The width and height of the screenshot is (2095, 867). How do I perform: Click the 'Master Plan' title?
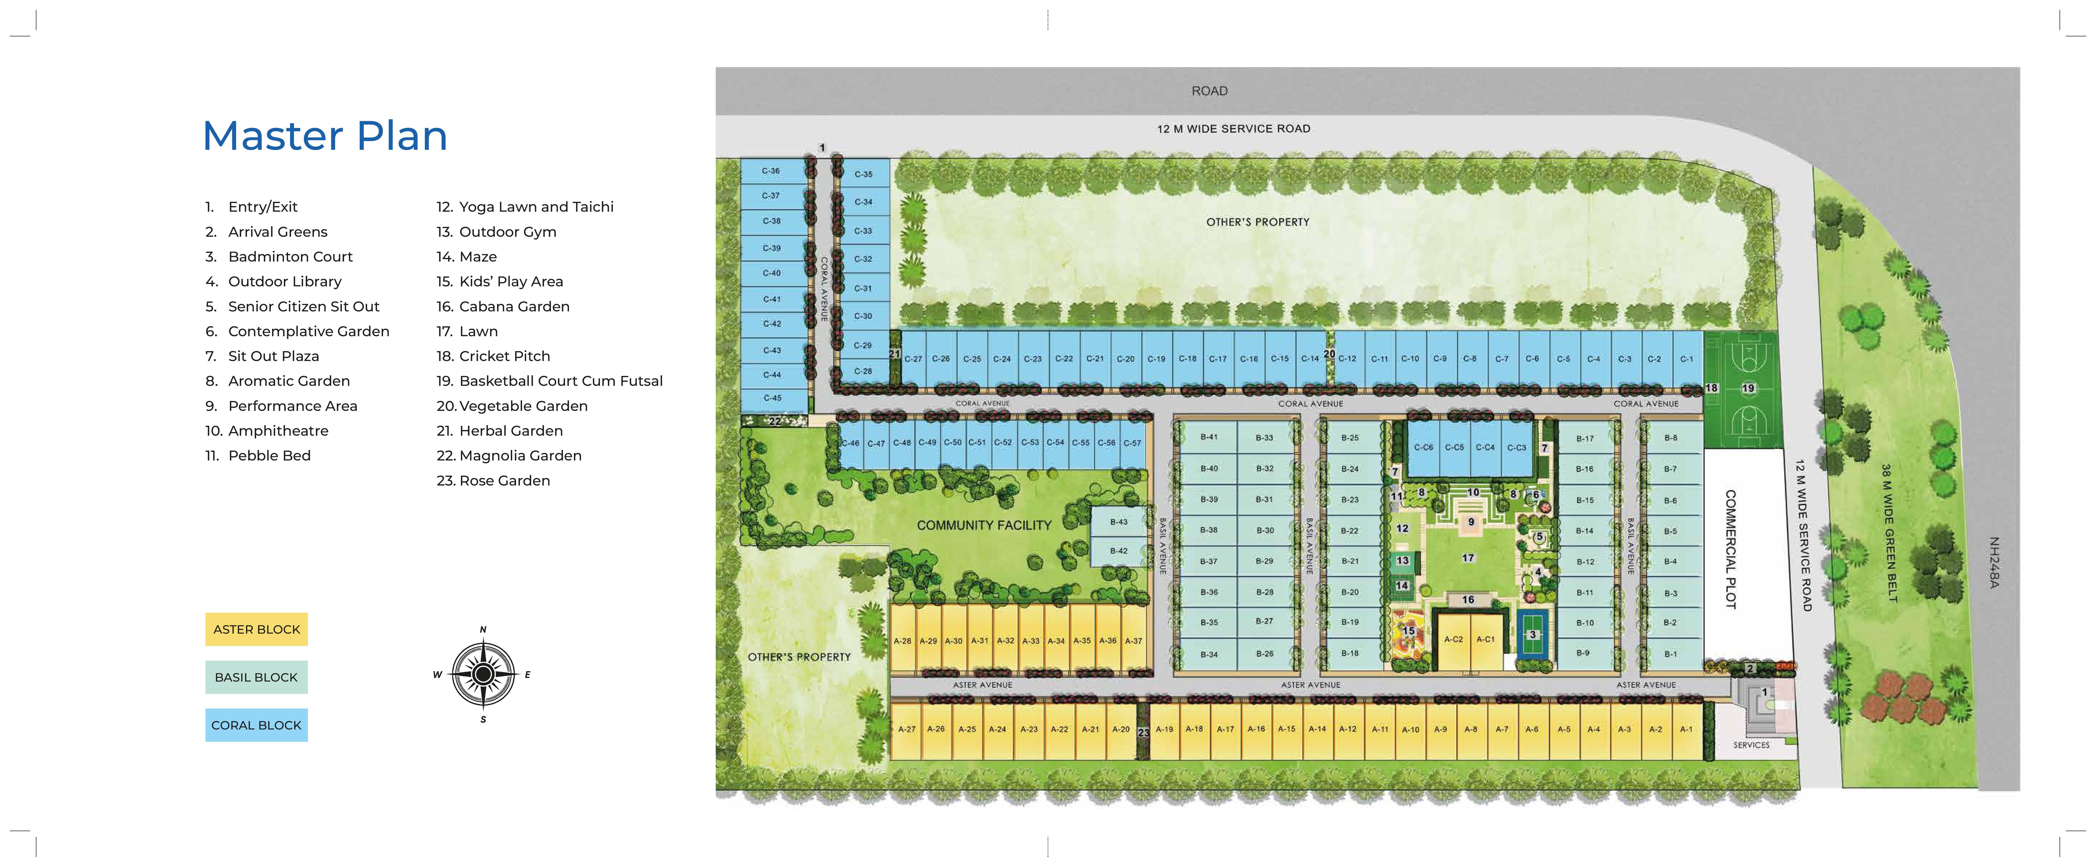pos(325,136)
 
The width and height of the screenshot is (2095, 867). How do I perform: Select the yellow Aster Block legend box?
pos(256,629)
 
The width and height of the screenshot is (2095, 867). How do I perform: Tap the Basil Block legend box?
pos(256,677)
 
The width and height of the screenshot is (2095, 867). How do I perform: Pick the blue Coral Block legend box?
pos(256,725)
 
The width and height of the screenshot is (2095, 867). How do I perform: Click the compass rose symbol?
pos(483,674)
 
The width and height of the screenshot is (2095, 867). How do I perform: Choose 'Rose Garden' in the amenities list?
pos(504,481)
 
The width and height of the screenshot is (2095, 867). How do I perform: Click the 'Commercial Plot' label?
pos(1731,549)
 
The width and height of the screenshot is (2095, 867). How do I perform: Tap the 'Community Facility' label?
pos(984,525)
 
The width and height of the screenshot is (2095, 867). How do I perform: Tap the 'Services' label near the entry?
pos(1751,745)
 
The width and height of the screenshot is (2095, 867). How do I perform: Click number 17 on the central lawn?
pos(1468,558)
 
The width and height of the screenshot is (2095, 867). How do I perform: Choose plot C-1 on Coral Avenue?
pos(1687,359)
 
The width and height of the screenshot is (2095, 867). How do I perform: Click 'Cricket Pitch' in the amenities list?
pos(504,356)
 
